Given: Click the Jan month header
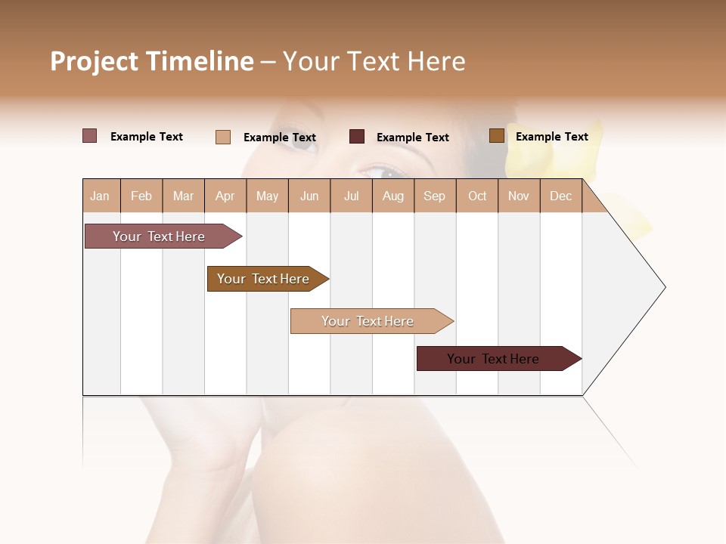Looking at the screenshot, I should tap(100, 196).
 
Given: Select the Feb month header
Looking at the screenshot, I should tap(141, 196).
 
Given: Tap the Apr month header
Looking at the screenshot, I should tap(225, 196).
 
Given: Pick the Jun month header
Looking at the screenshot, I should tap(309, 196).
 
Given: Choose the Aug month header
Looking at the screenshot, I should tap(392, 196).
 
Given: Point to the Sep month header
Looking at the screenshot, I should tap(434, 196).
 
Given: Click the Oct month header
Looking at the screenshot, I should tap(477, 196).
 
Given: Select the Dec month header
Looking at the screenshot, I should tap(560, 196).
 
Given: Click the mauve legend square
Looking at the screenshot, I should tap(90, 136).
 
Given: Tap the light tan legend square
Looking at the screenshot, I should tap(223, 137).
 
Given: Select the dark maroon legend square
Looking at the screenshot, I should tap(357, 137).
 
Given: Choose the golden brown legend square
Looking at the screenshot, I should tap(496, 136).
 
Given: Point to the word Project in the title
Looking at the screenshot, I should tap(95, 61).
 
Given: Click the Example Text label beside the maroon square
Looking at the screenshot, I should tap(412, 138).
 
